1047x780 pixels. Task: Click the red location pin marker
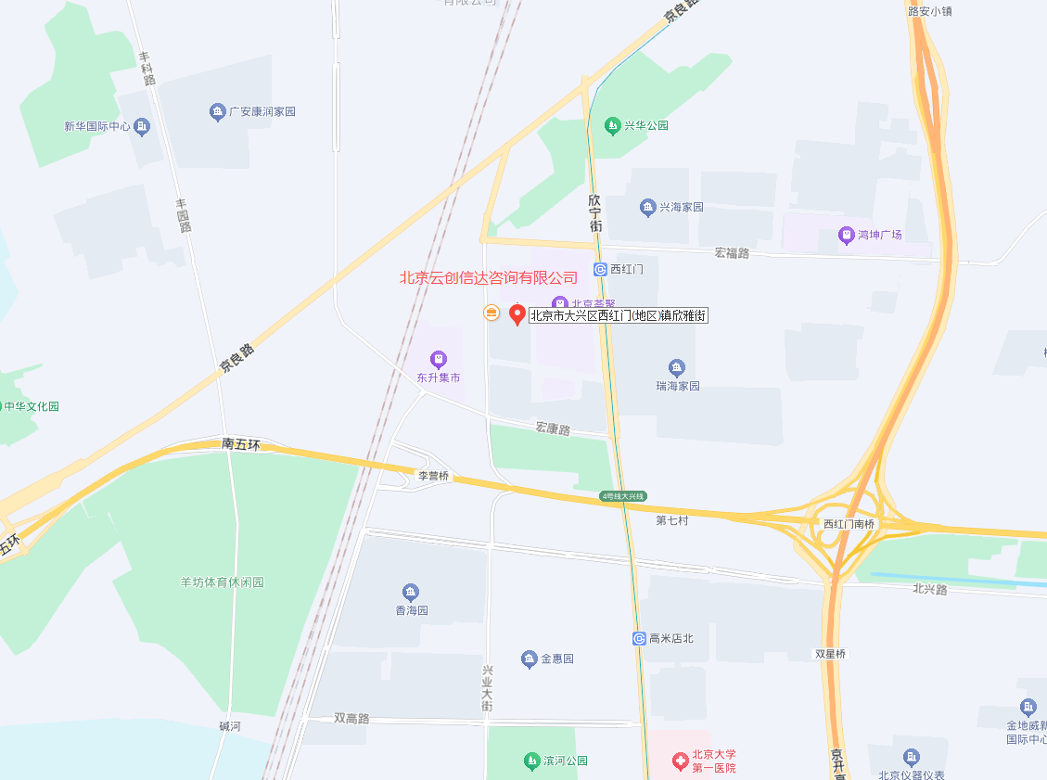coord(517,314)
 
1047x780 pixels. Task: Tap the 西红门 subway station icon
coord(600,269)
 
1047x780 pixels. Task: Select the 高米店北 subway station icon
coord(639,638)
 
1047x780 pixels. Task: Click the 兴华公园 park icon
coord(611,125)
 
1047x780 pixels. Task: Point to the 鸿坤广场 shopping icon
coord(846,235)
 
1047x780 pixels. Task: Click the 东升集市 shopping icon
coord(438,359)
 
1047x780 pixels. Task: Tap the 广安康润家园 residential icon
coord(217,112)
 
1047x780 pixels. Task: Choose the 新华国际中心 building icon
coord(141,126)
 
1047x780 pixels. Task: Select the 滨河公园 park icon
coord(531,761)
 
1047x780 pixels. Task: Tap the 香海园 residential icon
coord(411,592)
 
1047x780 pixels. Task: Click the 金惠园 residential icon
coord(529,659)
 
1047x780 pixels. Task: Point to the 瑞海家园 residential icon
coord(677,367)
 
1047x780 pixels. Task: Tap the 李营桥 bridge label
coord(433,476)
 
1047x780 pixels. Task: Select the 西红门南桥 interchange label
coord(849,524)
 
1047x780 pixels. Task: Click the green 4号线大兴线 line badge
coord(622,496)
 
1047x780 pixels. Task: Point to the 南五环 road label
coord(241,444)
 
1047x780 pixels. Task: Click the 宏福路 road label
coord(732,252)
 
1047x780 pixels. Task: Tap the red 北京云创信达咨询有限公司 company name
coord(488,276)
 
